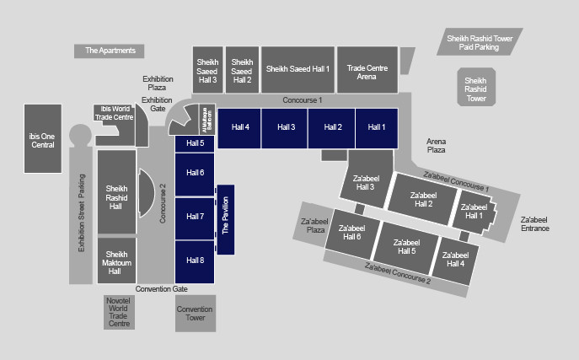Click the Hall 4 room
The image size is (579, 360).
[x=240, y=127]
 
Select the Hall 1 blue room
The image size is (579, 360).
[x=376, y=127]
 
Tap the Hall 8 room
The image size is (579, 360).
[x=196, y=261]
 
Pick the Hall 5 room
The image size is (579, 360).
[x=196, y=143]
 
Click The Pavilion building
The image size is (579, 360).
[x=226, y=219]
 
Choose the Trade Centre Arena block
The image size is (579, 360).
[x=367, y=69]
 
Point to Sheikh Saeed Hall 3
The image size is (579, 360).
[x=207, y=69]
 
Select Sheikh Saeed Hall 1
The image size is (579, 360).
[x=298, y=69]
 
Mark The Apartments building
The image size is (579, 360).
[x=110, y=51]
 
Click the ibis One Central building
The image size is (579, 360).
[x=42, y=139]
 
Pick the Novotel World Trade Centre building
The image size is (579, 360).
[x=119, y=312]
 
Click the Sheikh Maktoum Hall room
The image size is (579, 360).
[x=115, y=261]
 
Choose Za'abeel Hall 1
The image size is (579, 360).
[x=474, y=211]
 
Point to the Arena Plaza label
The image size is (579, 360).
[x=436, y=145]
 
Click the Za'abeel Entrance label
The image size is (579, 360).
[x=535, y=223]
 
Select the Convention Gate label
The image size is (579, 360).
[x=162, y=289]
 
